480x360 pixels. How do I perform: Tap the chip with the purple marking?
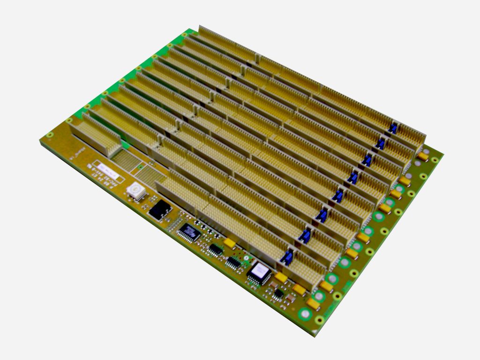pos(190,231)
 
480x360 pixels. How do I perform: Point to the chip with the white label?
pos(258,272)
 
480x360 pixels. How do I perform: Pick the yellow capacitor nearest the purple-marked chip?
pos(230,243)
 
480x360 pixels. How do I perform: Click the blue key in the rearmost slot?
pos(393,128)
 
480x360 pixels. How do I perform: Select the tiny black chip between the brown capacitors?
pos(279,293)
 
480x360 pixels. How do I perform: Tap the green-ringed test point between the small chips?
pos(245,258)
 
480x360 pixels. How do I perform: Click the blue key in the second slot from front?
pos(305,236)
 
